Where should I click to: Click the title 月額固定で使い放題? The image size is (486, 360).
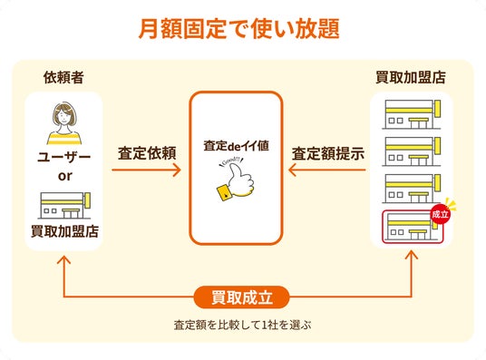click(238, 29)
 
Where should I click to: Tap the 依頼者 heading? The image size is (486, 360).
click(63, 77)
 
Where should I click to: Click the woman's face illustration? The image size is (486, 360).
click(64, 116)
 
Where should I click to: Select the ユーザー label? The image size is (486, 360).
click(63, 157)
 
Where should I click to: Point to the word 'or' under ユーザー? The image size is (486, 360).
click(64, 176)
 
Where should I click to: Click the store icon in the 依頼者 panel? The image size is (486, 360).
click(65, 205)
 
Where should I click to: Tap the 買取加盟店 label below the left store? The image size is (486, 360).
click(64, 231)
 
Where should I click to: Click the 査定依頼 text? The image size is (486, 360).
click(147, 153)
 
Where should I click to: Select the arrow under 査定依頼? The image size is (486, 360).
click(146, 170)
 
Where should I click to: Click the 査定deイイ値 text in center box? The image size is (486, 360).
click(236, 146)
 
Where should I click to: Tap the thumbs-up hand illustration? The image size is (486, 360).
click(236, 180)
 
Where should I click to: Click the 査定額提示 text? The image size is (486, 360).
click(328, 153)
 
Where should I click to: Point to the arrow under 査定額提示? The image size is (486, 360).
click(327, 170)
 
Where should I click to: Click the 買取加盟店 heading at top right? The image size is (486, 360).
click(411, 77)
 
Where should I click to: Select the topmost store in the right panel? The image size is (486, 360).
click(412, 114)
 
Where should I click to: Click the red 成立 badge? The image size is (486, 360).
click(440, 214)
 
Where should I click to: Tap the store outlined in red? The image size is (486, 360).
click(413, 227)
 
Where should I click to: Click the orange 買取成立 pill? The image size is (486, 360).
click(242, 297)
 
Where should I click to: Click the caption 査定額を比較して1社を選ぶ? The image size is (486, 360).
click(242, 325)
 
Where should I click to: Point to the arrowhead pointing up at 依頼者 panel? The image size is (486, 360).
click(63, 260)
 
